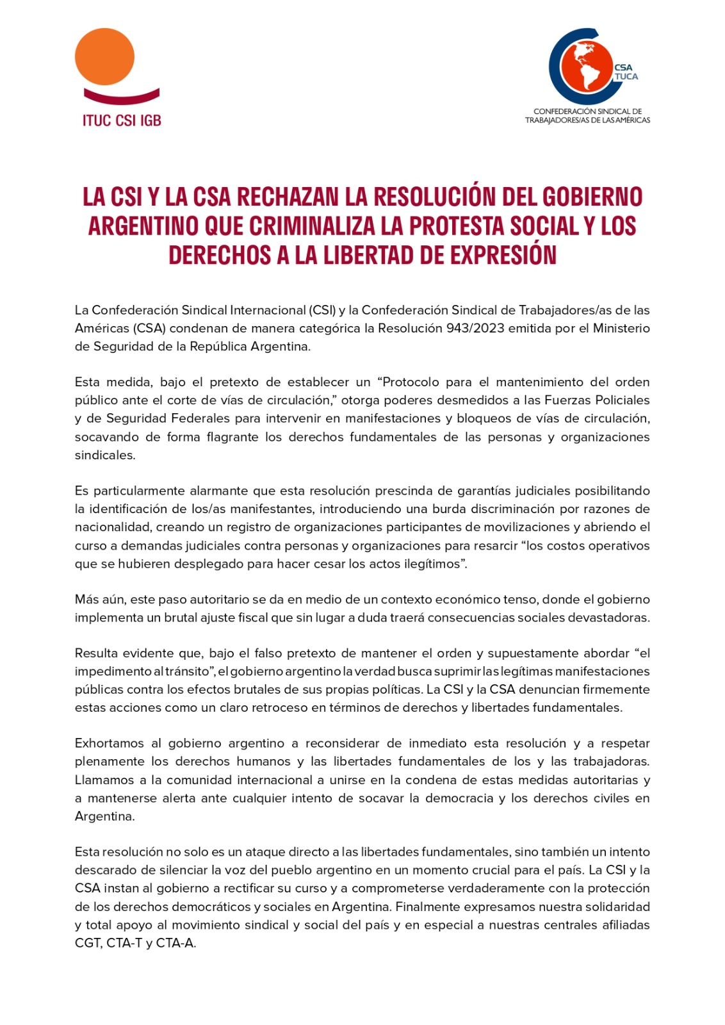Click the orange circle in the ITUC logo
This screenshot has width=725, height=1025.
pyautogui.click(x=104, y=56)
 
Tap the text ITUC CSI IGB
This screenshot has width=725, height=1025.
pyautogui.click(x=122, y=120)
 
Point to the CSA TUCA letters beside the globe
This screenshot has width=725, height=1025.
pyautogui.click(x=626, y=72)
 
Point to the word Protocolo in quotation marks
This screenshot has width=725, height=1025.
pyautogui.click(x=412, y=382)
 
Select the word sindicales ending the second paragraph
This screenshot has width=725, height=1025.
pyautogui.click(x=105, y=455)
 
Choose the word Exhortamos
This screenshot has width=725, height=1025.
pyautogui.click(x=109, y=743)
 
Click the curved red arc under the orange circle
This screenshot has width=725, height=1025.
pyautogui.click(x=122, y=97)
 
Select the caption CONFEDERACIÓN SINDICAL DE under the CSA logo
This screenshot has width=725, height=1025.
pyautogui.click(x=587, y=111)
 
